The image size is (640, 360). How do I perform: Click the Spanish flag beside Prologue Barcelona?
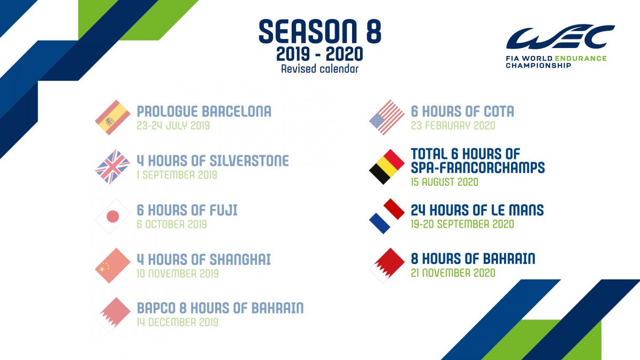tap(113, 117)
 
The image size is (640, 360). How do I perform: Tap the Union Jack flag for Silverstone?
tap(113, 166)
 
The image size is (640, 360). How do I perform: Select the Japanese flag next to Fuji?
tap(113, 217)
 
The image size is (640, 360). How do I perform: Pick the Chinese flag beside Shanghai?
tap(113, 266)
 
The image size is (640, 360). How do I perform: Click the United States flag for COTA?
tap(387, 117)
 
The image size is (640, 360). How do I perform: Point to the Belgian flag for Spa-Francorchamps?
tap(387, 166)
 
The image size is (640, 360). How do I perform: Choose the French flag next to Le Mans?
tap(387, 217)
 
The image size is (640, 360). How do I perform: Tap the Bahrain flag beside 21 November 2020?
tap(387, 266)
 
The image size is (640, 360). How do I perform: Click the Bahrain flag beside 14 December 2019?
tap(113, 315)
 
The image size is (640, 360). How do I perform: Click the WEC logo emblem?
tap(560, 37)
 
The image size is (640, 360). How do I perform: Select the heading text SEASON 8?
tap(319, 31)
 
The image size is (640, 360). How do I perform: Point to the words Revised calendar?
tap(319, 69)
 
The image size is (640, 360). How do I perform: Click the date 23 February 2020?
tap(453, 125)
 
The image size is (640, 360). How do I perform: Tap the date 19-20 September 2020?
tap(462, 224)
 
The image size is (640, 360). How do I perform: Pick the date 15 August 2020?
tap(445, 182)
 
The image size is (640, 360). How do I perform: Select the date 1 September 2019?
tap(177, 175)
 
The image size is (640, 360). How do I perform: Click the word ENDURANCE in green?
tap(581, 58)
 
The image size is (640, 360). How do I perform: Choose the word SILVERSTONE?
tap(249, 161)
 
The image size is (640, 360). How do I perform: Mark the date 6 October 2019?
tap(172, 225)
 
